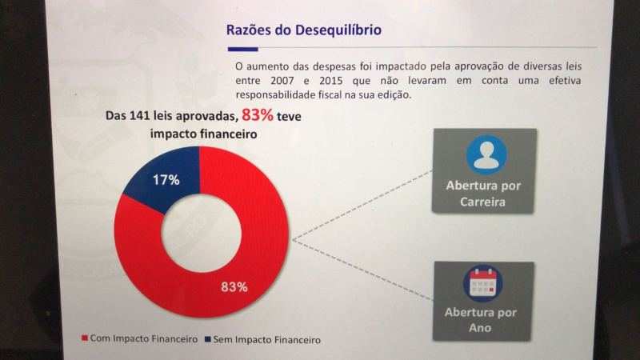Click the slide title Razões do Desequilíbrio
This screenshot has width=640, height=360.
[304, 30]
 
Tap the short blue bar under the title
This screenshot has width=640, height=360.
[243, 50]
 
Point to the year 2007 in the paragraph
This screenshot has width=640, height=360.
[282, 81]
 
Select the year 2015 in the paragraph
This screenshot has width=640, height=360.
[331, 81]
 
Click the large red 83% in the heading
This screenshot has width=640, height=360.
[257, 115]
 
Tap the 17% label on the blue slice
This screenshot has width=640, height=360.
[166, 180]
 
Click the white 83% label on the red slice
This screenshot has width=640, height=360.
[234, 287]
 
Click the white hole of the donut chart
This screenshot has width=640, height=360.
[202, 233]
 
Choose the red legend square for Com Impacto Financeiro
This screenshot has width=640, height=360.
[85, 338]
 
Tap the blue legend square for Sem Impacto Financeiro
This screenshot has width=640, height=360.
[208, 339]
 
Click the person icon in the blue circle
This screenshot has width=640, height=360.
[486, 155]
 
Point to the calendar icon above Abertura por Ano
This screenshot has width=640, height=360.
[483, 284]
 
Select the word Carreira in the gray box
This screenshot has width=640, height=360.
[482, 202]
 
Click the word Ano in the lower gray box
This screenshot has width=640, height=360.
[480, 328]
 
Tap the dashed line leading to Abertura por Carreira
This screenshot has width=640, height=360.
[362, 206]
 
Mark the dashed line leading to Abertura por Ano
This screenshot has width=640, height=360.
[362, 270]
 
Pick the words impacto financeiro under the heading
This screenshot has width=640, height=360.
[203, 134]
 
